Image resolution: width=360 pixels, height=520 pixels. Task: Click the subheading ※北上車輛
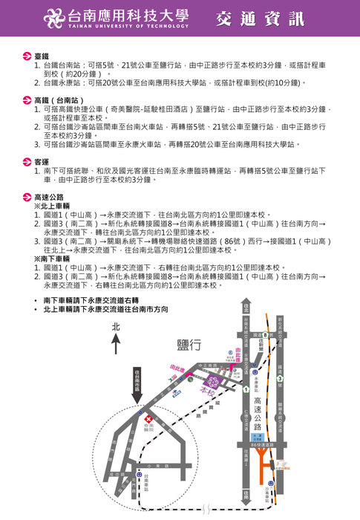(51, 206)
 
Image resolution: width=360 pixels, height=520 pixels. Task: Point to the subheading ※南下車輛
(51, 259)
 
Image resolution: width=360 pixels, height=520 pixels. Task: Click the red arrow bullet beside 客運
(27, 161)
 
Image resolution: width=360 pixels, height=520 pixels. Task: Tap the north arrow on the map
(115, 341)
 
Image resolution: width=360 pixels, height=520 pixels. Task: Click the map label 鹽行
(189, 345)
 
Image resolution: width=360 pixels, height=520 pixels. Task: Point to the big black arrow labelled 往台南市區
(138, 386)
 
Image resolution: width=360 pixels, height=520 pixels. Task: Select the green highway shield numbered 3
(280, 378)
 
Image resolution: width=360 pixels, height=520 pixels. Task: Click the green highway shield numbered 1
(246, 389)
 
